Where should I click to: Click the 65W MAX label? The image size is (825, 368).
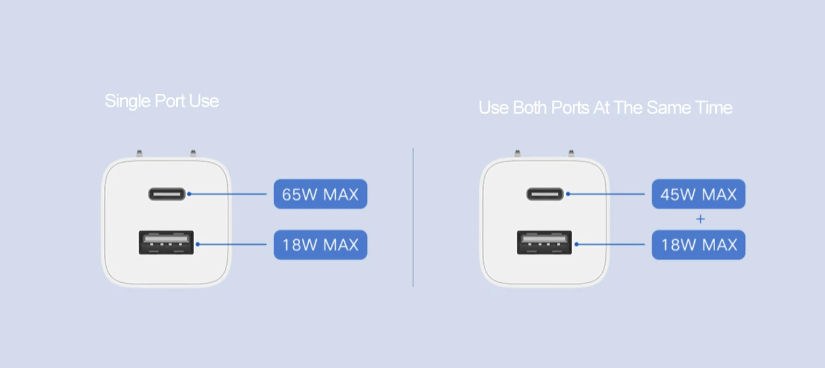pos(320,194)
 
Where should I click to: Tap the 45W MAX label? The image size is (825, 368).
pos(698,194)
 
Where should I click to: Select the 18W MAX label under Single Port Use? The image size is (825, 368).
pos(320,245)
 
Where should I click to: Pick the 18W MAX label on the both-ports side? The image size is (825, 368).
pos(698,245)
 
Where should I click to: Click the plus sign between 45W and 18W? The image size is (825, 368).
pos(700,219)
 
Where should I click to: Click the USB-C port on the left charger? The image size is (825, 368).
pos(166,194)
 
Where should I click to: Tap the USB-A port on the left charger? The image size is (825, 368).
pos(166,242)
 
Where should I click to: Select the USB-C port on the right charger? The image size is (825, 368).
pos(544,194)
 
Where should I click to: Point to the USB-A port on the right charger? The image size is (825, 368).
pos(544,242)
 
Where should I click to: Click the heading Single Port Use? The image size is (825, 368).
pos(161,101)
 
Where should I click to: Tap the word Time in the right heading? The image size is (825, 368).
pos(714,108)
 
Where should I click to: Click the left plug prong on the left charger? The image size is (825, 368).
pos(139,153)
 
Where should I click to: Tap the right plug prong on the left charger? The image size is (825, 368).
pos(193,153)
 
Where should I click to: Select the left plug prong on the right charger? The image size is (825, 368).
pos(517,153)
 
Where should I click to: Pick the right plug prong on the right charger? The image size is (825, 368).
pos(571,153)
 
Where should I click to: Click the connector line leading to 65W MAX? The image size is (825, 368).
pos(230,194)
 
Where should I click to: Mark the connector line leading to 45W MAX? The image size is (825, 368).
pos(608,194)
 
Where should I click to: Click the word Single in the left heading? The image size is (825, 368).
pos(126,101)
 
